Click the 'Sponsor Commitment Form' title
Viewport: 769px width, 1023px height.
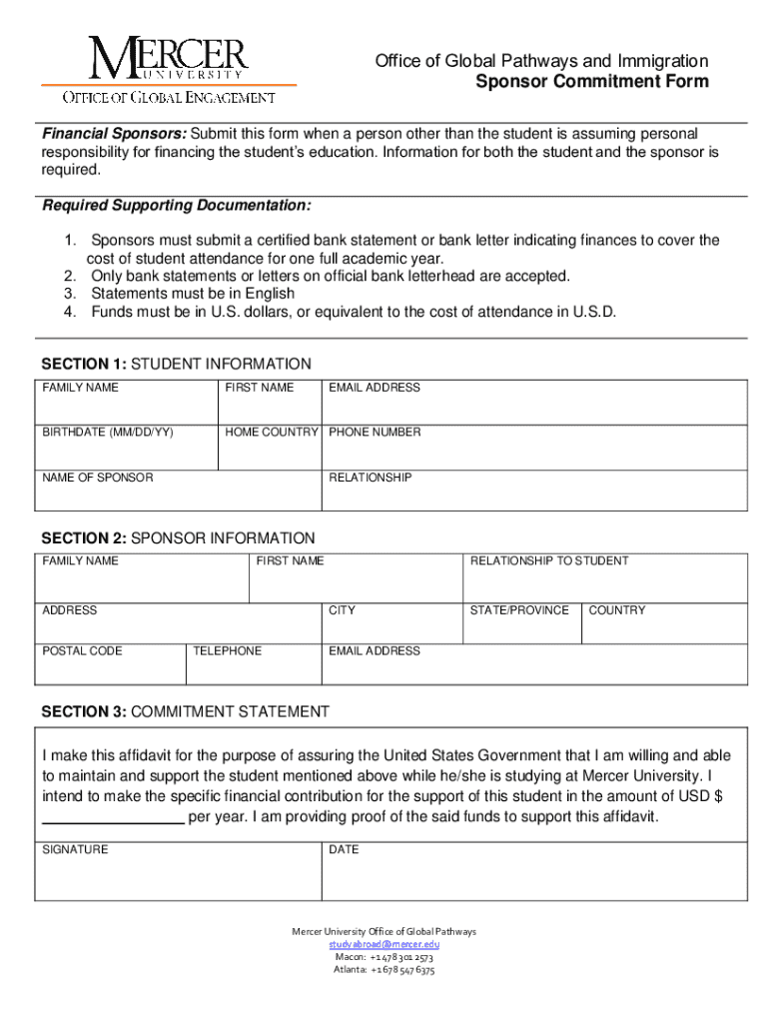point(591,82)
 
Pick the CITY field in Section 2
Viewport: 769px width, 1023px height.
point(391,627)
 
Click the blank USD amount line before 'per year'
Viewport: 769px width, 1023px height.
point(112,818)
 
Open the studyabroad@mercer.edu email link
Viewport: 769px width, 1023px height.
point(384,944)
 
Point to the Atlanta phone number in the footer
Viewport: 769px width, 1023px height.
point(384,969)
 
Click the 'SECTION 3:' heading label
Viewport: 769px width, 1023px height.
point(83,712)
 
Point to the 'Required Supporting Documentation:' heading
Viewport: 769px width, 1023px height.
point(177,206)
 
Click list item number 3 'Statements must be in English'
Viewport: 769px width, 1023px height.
point(192,294)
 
